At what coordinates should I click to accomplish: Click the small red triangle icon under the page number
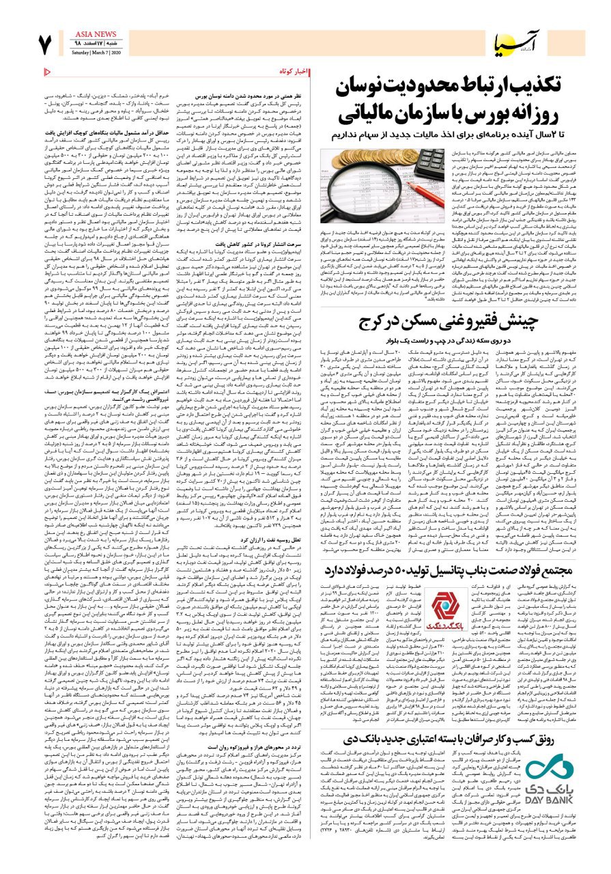point(46,70)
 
